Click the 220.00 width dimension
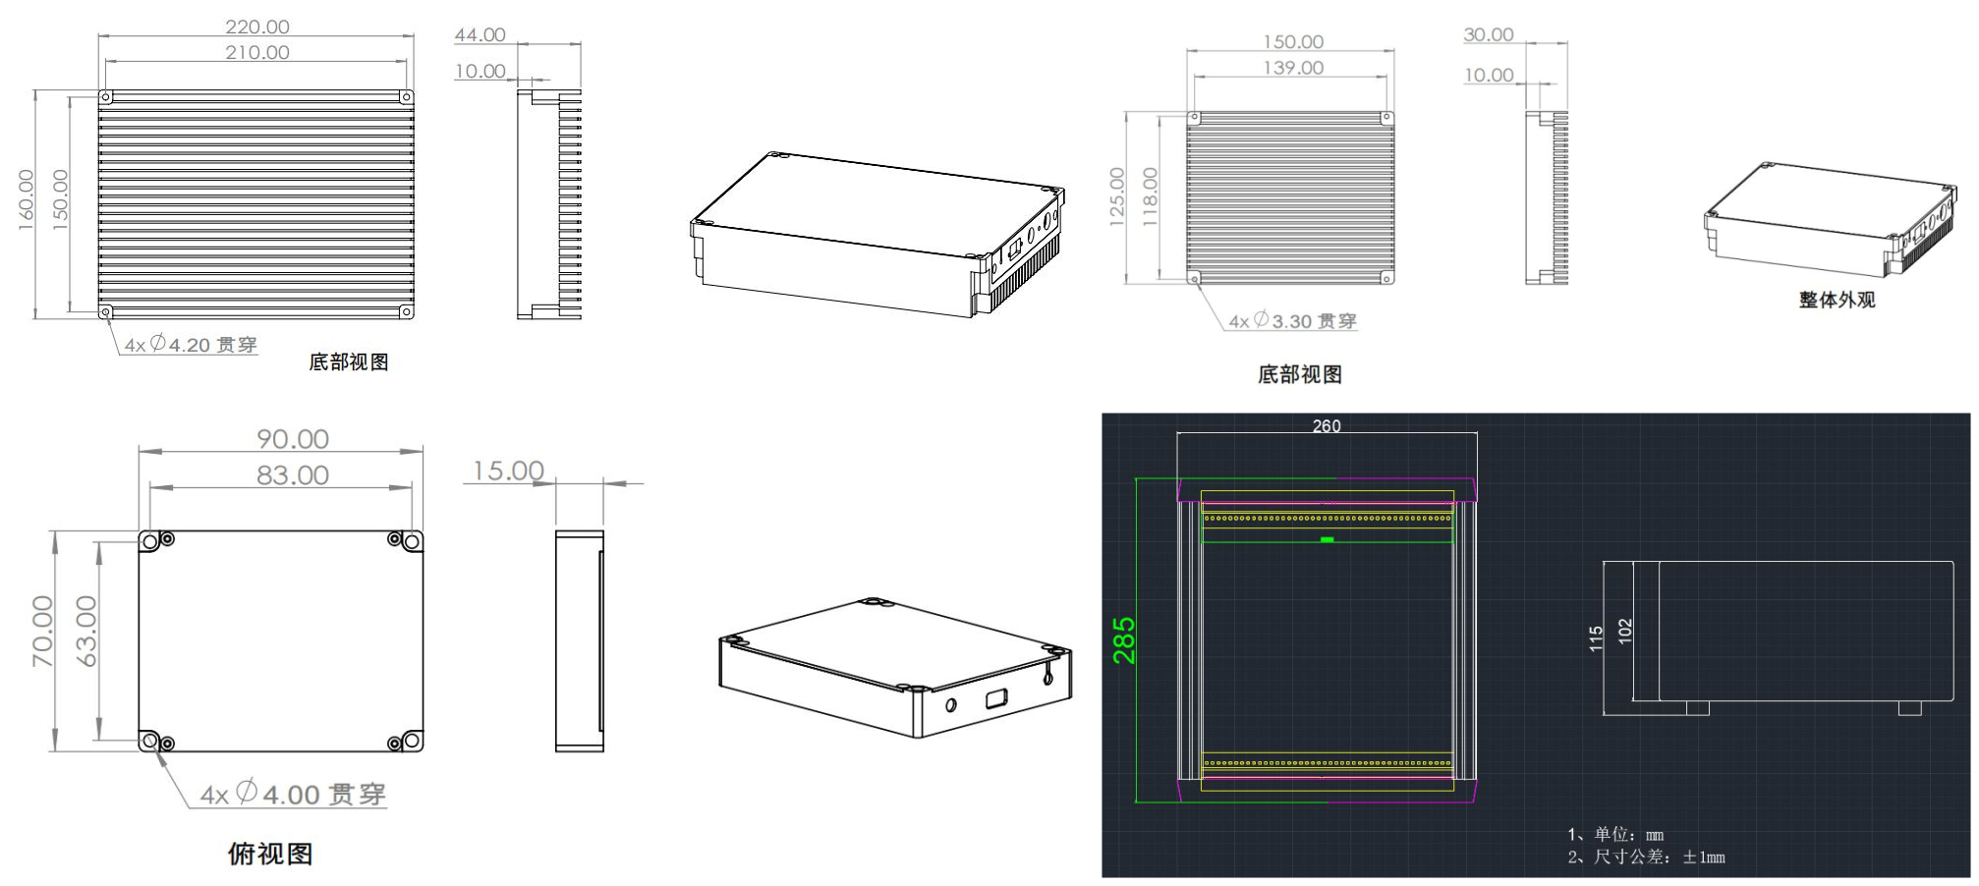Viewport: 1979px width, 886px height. [x=257, y=27]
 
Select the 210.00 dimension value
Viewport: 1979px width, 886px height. [x=257, y=52]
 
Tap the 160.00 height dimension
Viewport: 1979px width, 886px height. [x=27, y=200]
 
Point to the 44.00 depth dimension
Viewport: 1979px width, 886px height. [x=480, y=35]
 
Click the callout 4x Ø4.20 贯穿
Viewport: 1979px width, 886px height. [x=191, y=345]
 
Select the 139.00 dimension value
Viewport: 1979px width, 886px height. [x=1293, y=68]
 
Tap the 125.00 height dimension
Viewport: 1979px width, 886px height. [x=1117, y=197]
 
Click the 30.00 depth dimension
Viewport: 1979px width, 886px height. [x=1489, y=35]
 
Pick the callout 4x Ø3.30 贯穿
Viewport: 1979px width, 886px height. [x=1292, y=321]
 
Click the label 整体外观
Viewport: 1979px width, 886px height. [x=1837, y=300]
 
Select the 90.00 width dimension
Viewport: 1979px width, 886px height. [x=293, y=439]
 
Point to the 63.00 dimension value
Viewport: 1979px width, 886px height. [x=87, y=632]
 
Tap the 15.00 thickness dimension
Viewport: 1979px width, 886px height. [x=508, y=471]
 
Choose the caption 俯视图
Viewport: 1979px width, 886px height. [x=270, y=854]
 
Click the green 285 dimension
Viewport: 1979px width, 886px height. [x=1124, y=640]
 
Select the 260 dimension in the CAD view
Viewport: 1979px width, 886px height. [x=1327, y=426]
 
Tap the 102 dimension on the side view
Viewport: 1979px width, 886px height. [x=1625, y=632]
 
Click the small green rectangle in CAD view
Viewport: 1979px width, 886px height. [x=1328, y=539]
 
